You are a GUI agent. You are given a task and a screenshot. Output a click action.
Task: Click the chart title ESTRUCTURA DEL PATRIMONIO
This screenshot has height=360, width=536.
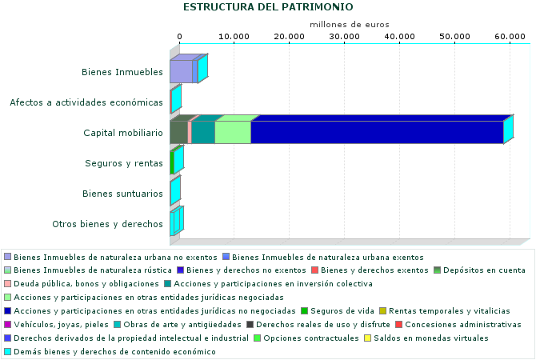[x=267, y=7]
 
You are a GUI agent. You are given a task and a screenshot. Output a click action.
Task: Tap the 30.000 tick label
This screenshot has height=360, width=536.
[x=344, y=37]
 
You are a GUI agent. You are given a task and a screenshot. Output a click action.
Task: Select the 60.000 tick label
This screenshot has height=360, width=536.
[x=510, y=37]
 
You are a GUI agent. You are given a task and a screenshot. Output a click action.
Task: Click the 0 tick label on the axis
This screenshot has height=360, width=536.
[x=179, y=37]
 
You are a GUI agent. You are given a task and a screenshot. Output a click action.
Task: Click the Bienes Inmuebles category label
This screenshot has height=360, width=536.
[x=122, y=73]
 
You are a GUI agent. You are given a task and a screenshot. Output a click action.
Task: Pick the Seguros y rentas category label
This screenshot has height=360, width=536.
[x=124, y=163]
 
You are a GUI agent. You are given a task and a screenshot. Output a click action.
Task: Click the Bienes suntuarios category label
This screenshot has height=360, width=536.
[x=123, y=194]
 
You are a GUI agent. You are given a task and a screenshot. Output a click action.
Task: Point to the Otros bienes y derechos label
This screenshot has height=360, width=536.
[x=107, y=224]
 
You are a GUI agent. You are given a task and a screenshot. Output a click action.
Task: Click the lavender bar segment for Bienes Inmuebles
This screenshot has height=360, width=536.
[x=181, y=72]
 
